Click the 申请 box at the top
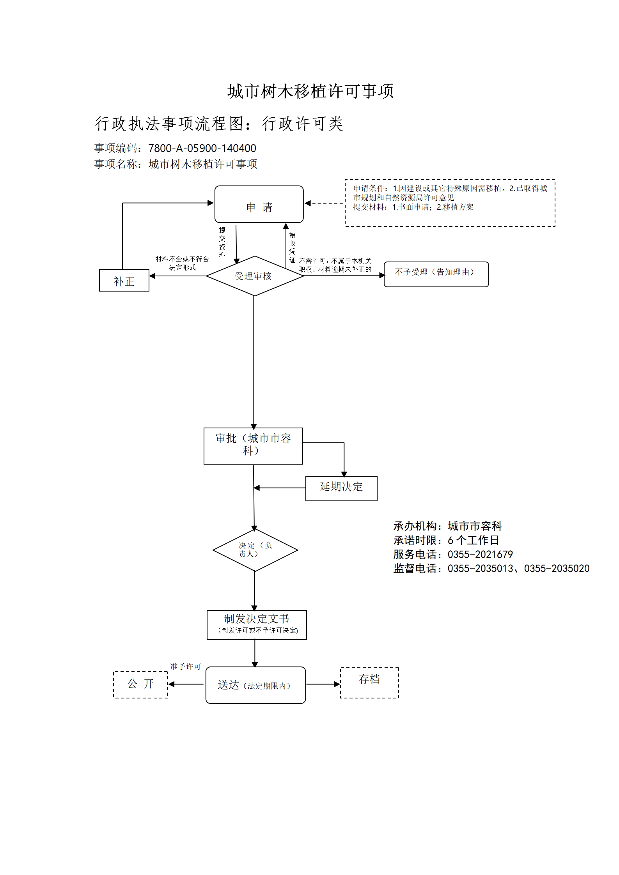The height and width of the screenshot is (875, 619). pyautogui.click(x=259, y=204)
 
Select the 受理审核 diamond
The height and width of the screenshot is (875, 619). pyautogui.click(x=255, y=276)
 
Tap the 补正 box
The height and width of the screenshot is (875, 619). pyautogui.click(x=124, y=280)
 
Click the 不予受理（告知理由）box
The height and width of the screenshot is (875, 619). pyautogui.click(x=436, y=274)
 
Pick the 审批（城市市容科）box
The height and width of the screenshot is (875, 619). pyautogui.click(x=253, y=446)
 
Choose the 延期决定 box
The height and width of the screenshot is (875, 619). pyautogui.click(x=341, y=488)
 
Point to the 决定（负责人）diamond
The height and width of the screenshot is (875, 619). pyautogui.click(x=255, y=550)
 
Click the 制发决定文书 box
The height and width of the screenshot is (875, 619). pyautogui.click(x=257, y=625)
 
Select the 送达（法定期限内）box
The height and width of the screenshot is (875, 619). pyautogui.click(x=255, y=685)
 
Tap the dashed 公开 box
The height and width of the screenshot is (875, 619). pyautogui.click(x=140, y=684)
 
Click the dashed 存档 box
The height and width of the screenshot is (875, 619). pyautogui.click(x=369, y=682)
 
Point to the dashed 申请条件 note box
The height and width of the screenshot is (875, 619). pyautogui.click(x=450, y=203)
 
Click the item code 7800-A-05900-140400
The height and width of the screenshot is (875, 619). pyautogui.click(x=202, y=148)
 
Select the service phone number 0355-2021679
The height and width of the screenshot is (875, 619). pyautogui.click(x=480, y=554)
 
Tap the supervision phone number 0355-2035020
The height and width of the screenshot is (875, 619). pyautogui.click(x=557, y=568)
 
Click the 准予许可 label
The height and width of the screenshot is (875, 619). pyautogui.click(x=185, y=666)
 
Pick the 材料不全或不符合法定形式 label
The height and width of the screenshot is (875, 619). pyautogui.click(x=182, y=263)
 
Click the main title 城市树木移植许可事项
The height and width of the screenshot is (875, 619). pyautogui.click(x=310, y=91)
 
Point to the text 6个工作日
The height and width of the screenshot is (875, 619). pyautogui.click(x=473, y=540)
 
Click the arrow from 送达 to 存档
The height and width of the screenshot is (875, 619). pyautogui.click(x=323, y=684)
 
